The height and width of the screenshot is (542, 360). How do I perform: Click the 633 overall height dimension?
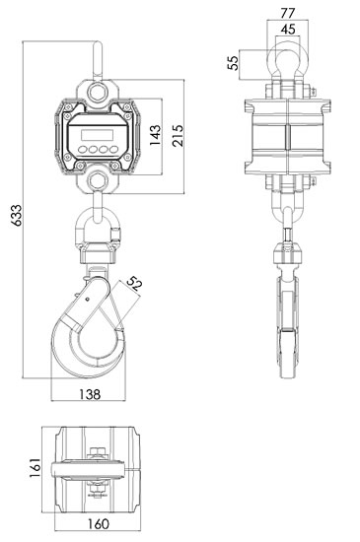point(16,215)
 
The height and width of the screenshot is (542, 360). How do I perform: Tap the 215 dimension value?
point(178,136)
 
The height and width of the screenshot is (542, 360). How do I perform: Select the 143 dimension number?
point(155,135)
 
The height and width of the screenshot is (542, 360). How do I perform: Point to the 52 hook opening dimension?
point(134,284)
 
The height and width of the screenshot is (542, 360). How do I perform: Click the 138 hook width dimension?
point(90,394)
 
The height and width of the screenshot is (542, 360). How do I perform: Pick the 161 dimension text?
point(35,468)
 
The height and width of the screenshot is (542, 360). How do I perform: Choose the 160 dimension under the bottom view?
point(98,524)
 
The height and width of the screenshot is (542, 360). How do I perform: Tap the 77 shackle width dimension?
point(287,13)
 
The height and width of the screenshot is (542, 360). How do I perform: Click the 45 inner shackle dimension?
point(288,30)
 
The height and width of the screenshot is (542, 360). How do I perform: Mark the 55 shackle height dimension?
point(234,62)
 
